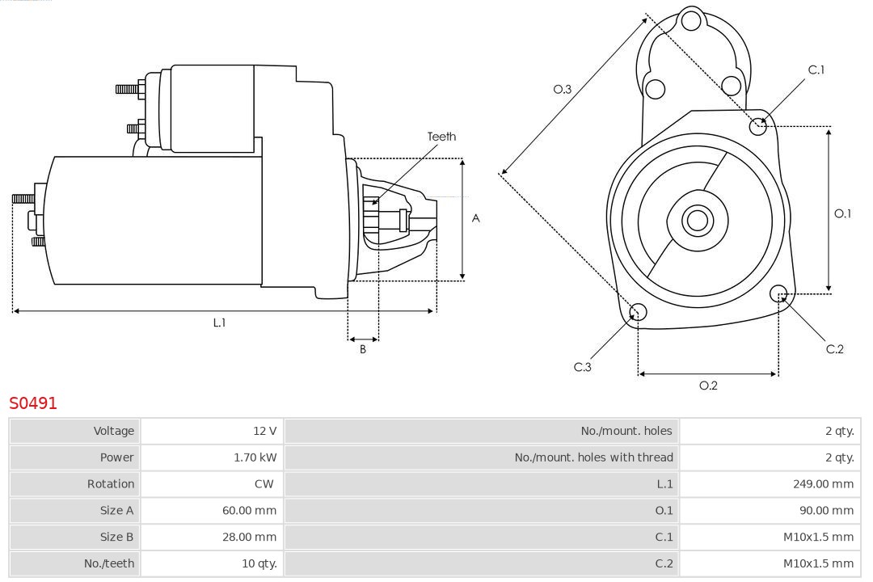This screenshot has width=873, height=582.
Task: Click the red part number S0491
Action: tap(33, 403)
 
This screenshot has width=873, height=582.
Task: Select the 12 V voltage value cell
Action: tap(264, 431)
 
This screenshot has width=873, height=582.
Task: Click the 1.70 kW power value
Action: tap(255, 458)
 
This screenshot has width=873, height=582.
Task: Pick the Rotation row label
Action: tap(111, 484)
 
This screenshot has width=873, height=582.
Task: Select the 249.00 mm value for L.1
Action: tap(823, 484)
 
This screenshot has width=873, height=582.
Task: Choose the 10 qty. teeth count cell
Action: tap(259, 563)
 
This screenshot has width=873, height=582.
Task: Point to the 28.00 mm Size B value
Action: tap(249, 537)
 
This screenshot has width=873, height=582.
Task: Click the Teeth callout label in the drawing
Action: tap(441, 137)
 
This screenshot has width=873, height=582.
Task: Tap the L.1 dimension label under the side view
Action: tap(219, 323)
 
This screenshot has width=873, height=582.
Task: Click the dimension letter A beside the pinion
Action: tap(476, 218)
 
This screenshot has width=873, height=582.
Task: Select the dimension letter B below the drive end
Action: tap(363, 349)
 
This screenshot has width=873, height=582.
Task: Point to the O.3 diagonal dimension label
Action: tap(562, 89)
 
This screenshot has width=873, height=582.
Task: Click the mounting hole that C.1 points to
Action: tap(758, 126)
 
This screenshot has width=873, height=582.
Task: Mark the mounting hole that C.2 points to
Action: tap(779, 293)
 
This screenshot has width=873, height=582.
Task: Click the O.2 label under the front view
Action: tap(708, 386)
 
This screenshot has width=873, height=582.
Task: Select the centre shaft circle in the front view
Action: tap(696, 220)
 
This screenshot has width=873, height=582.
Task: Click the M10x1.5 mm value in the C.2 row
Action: tap(818, 563)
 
